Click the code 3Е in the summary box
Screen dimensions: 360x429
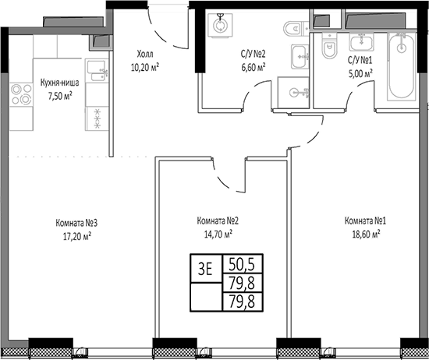206,269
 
